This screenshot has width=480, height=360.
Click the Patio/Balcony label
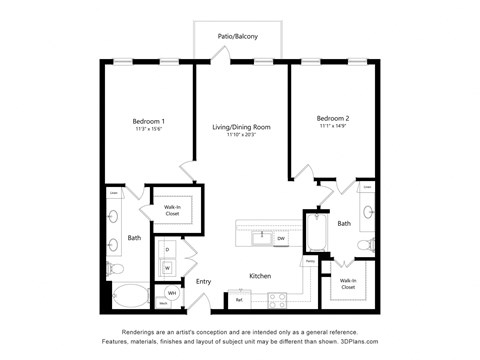[x=238, y=37]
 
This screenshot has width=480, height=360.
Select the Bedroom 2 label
[x=332, y=119]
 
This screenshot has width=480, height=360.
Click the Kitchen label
[x=261, y=275]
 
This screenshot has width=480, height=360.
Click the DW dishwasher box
[x=281, y=238]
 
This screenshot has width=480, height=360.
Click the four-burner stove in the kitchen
[x=277, y=299]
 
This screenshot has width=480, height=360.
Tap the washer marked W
[x=167, y=267]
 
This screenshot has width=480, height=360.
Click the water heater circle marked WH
[x=171, y=294]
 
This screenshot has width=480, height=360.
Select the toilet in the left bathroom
[x=116, y=268]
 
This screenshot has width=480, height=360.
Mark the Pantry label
[x=311, y=262]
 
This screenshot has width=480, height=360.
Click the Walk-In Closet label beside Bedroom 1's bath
[x=171, y=209]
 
